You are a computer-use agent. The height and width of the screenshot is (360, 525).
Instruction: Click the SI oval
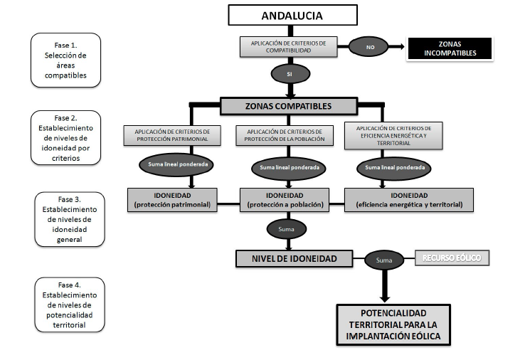coord(290,74)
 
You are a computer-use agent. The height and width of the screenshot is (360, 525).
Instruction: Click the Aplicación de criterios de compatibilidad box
coord(289,47)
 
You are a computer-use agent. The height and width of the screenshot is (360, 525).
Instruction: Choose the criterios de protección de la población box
coord(289,135)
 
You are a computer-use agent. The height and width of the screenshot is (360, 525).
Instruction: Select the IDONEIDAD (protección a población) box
coord(285,200)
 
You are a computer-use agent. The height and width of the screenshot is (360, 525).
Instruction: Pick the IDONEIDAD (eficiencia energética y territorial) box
coord(408,200)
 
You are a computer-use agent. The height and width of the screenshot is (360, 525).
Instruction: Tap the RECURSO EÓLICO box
coord(452,257)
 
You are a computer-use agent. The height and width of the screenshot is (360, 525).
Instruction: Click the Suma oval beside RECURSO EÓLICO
coord(385,261)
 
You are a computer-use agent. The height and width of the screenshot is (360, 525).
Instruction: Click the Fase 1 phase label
coord(66,60)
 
